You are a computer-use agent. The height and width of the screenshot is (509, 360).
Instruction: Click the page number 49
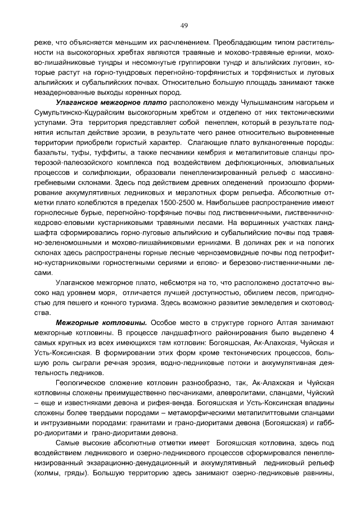tap(183, 25)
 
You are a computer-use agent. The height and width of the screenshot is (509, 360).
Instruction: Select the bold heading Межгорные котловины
tap(101, 323)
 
